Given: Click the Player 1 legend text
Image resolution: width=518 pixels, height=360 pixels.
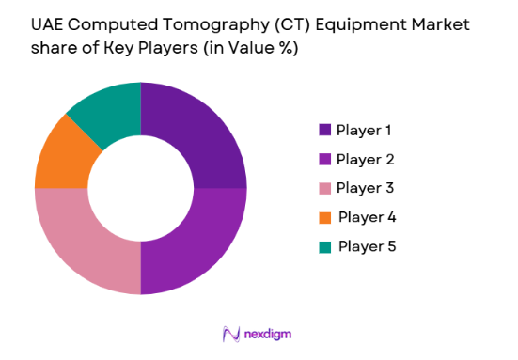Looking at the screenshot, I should coord(364,130).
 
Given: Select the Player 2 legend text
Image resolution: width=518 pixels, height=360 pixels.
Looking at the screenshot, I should coord(365,159).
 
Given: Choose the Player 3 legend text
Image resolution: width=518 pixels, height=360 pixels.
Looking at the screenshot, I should coord(365,188).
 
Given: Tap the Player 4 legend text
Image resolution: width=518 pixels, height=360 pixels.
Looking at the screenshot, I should coord(367,217).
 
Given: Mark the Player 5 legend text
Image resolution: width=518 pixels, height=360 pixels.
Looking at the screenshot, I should coord(367,246).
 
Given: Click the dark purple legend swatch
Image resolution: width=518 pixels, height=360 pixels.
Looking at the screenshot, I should coord(325,130).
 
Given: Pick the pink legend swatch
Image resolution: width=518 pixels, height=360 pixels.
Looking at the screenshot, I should coord(325,188).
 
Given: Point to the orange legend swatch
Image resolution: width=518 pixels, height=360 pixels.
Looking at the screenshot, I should coord(325,217).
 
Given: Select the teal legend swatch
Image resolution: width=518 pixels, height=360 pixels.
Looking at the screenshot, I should coord(325,246).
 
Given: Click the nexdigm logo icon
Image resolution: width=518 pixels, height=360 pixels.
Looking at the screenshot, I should coord(230,334).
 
